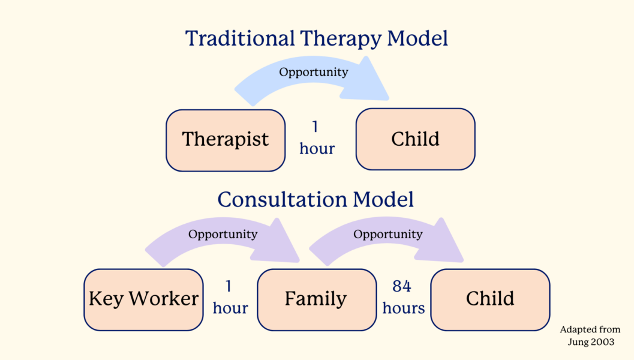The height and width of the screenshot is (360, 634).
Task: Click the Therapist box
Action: [226, 140]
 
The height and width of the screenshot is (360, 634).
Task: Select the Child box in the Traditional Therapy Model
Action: [415, 140]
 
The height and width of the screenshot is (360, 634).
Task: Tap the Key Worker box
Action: [143, 299]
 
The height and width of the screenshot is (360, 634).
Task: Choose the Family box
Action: [316, 299]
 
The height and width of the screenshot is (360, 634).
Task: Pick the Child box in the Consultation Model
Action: [490, 299]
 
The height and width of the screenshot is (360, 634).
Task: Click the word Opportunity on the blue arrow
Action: [313, 72]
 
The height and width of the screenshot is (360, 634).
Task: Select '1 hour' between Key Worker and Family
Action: [230, 298]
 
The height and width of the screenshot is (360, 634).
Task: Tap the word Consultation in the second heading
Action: [282, 199]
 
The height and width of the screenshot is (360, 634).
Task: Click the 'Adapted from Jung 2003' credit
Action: [590, 335]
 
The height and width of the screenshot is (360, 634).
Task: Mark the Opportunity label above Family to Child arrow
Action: [387, 234]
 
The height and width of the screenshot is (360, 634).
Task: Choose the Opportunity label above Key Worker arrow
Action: [223, 234]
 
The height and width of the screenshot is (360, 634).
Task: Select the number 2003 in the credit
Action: [602, 341]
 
